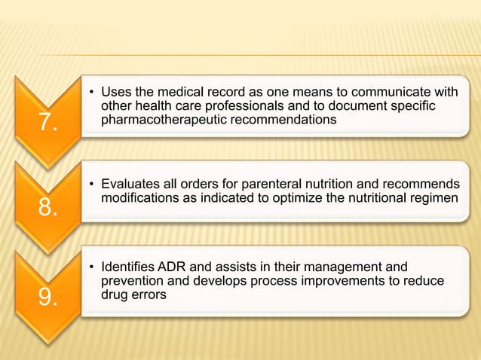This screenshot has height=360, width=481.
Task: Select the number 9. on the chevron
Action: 47,298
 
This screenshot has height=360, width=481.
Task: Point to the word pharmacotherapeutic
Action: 155,120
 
